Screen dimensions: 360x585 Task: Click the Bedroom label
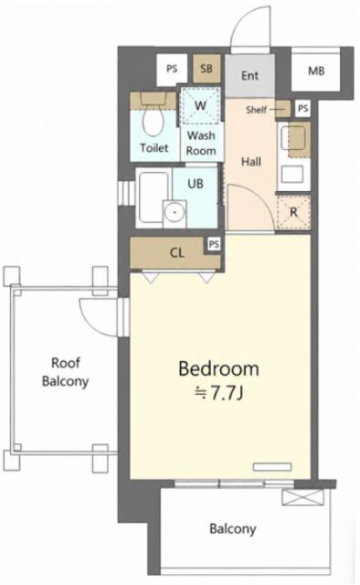(218, 368)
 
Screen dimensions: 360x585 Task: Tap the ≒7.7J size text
(219, 393)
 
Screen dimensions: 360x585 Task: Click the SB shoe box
(206, 69)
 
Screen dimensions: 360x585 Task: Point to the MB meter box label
(316, 70)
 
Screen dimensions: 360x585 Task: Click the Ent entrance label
(249, 76)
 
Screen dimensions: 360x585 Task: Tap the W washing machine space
(200, 106)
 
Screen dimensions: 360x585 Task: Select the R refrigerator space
(293, 212)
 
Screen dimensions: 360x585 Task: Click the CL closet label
(177, 253)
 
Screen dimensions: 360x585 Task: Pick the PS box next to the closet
(214, 245)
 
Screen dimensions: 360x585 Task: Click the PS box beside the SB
(172, 69)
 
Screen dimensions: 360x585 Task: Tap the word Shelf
(256, 110)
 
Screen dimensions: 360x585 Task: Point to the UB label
(196, 183)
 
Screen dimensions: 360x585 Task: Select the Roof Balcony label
(65, 372)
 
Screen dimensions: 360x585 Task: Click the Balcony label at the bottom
(232, 529)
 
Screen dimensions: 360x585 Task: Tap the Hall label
(251, 162)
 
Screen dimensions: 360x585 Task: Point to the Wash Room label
(201, 143)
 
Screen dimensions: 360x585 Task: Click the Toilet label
(154, 148)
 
